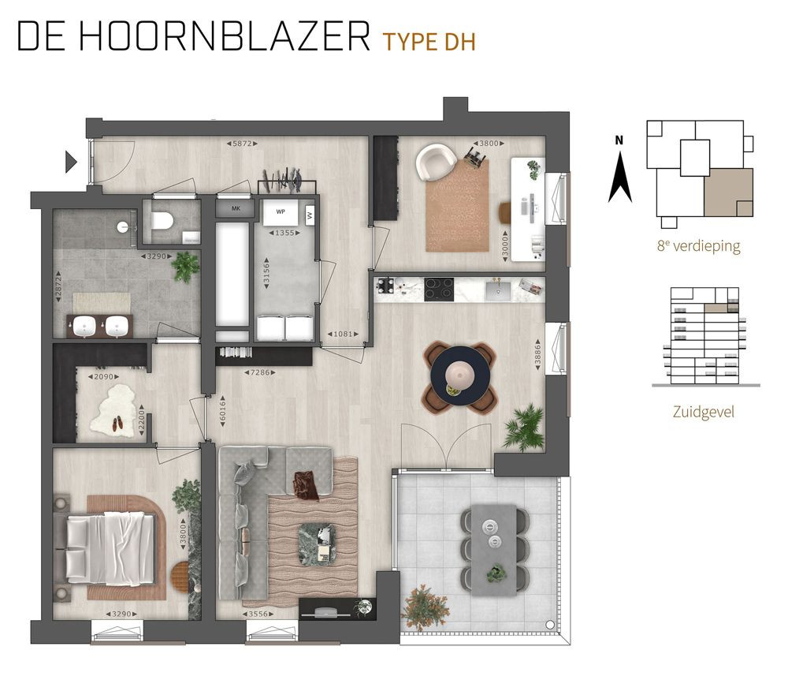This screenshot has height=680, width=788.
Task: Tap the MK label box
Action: coord(236,209)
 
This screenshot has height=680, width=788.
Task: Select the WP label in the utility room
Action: coord(280,211)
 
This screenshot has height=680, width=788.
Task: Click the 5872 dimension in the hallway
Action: coord(243,144)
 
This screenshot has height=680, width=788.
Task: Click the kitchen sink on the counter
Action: coord(498,290)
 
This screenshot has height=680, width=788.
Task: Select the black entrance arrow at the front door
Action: coord(71,163)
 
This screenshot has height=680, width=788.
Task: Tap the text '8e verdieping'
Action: coord(698,246)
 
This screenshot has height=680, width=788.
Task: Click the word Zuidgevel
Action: coord(704,413)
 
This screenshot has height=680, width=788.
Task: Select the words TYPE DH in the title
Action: coord(429,42)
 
